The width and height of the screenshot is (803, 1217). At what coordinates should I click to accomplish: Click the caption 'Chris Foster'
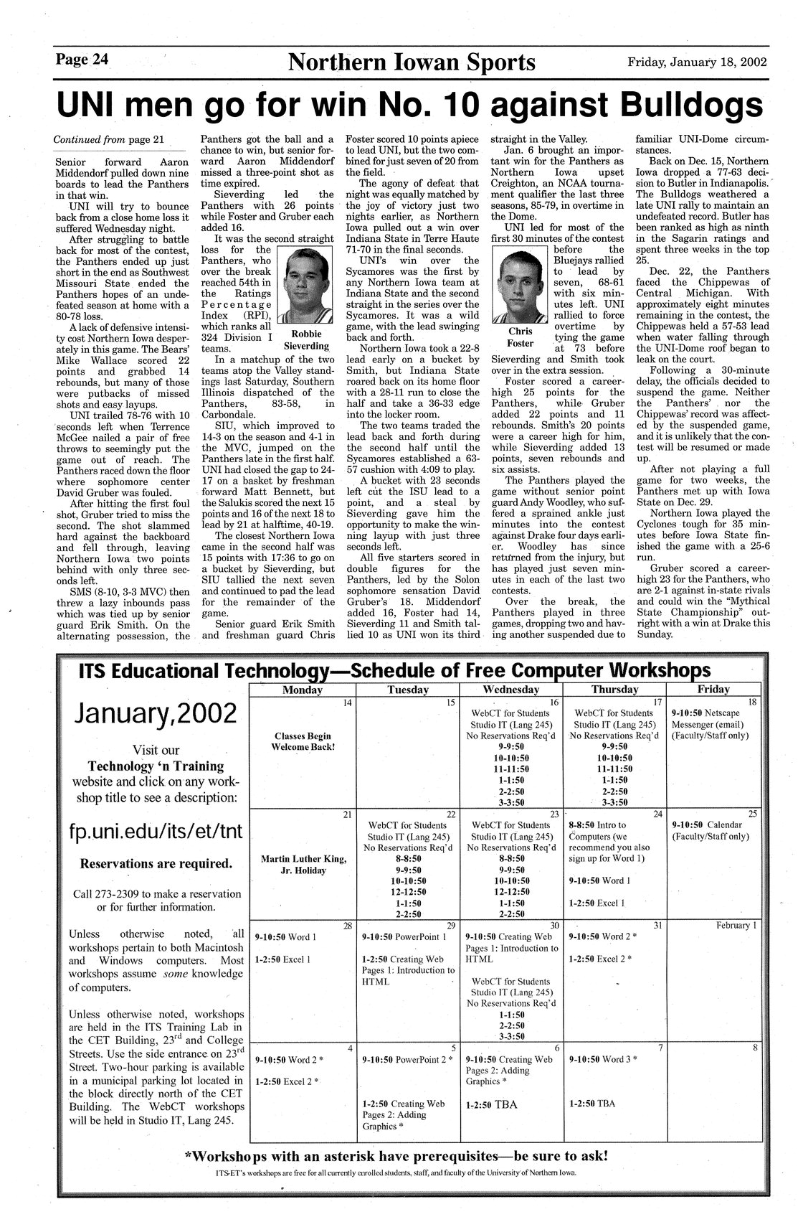521,337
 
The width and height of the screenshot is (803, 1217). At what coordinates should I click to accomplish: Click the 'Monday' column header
302,690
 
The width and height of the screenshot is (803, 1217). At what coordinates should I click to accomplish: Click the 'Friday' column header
713,690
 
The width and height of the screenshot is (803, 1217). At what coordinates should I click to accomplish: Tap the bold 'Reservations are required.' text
156,863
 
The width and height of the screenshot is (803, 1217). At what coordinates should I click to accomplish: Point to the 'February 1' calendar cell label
736,926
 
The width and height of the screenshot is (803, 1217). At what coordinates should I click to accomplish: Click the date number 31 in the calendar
657,926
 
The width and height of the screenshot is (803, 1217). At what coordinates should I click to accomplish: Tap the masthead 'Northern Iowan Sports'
412,63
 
